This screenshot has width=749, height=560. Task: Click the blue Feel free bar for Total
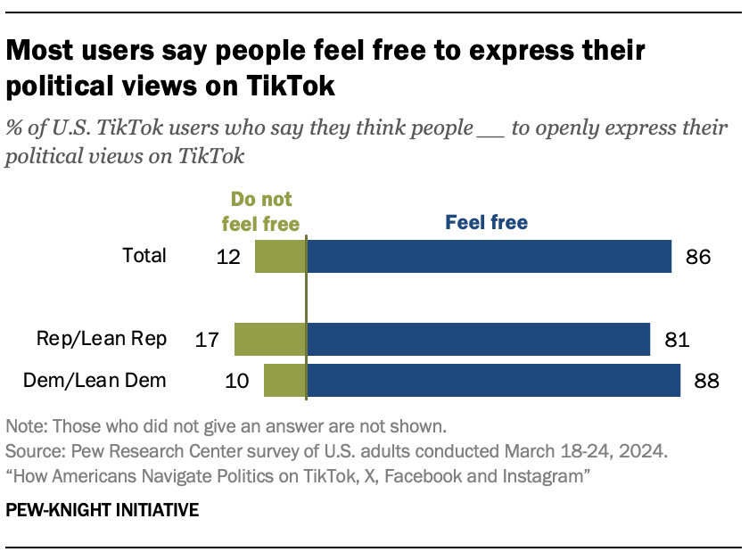(489, 256)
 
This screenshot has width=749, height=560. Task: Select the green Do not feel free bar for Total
(280, 256)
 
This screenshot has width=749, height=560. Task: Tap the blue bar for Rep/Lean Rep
(478, 340)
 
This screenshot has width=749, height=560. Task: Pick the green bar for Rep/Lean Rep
(270, 340)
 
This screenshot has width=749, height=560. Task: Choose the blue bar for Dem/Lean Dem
(493, 381)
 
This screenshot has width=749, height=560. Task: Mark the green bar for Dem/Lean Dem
(284, 381)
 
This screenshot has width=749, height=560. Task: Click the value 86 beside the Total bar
(697, 257)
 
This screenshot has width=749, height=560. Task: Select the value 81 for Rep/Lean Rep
(676, 340)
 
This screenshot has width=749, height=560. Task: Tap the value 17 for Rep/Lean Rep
(209, 340)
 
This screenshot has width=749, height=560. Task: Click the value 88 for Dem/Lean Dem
(706, 382)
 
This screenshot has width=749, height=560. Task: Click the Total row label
(144, 256)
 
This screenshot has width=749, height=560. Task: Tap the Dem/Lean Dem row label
(95, 381)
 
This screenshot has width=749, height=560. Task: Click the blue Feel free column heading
(487, 221)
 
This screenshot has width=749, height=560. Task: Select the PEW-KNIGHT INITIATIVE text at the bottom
(103, 511)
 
